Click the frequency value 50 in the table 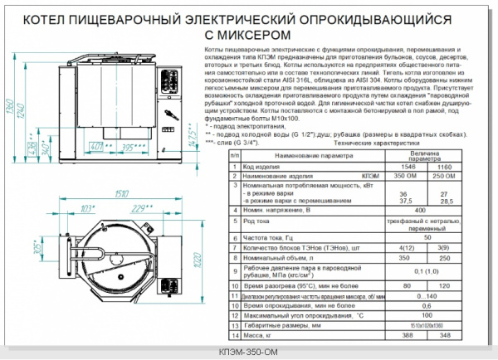pyautogui.click(x=420, y=238)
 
